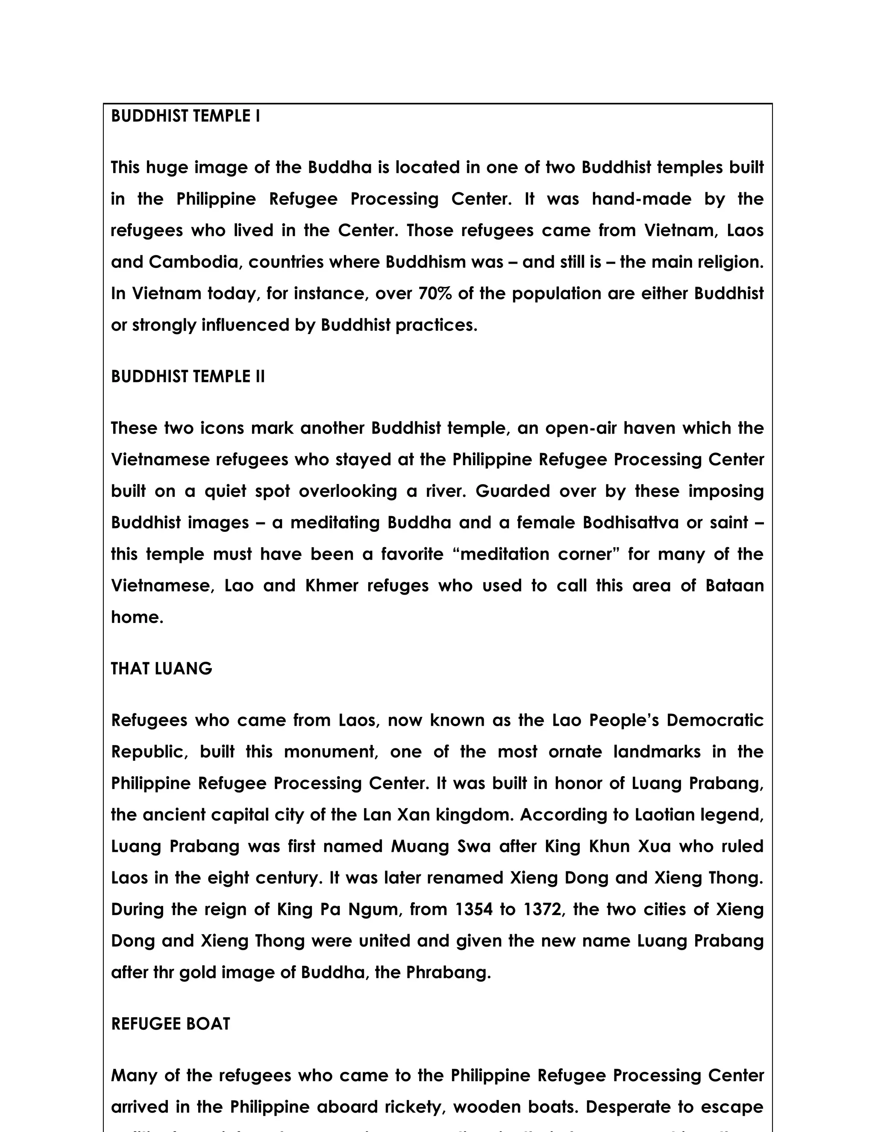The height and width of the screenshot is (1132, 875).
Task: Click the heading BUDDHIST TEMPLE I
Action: coord(185,116)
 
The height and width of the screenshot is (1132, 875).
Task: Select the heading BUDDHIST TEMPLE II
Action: coord(188,376)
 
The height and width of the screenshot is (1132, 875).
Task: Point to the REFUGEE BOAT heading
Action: coord(170,1023)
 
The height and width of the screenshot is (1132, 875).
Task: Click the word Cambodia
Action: coord(195,262)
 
